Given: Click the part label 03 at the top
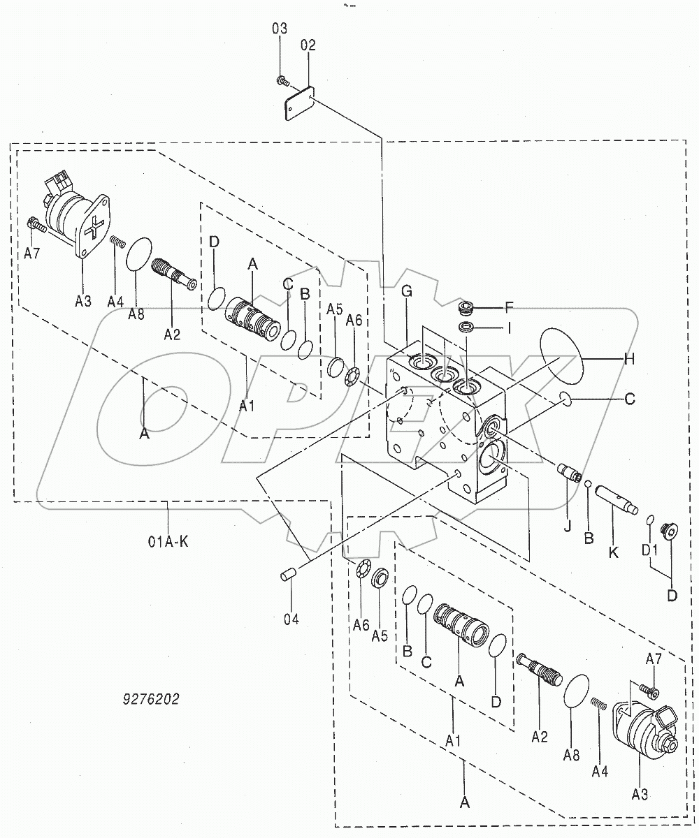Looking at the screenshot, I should [280, 28].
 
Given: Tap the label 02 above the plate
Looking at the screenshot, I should [308, 45].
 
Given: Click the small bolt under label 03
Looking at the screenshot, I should [280, 81].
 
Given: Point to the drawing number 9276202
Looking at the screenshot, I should [150, 699].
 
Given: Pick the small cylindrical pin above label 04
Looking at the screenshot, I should [286, 575].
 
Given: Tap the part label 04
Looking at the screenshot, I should [291, 619].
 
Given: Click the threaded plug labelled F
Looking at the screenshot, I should [464, 308].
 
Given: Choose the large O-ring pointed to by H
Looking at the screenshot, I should [561, 357].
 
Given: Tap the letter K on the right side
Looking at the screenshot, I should [614, 552].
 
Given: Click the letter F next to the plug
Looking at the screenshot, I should [510, 305].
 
